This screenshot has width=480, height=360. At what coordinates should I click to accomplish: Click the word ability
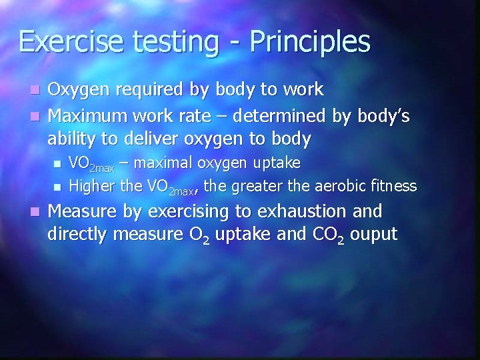70,140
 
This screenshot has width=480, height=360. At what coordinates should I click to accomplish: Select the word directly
79,235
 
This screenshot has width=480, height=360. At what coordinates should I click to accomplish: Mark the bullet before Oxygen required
38,90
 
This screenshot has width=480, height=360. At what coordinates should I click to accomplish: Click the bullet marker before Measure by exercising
38,213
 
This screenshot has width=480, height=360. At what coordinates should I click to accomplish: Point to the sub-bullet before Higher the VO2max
59,186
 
